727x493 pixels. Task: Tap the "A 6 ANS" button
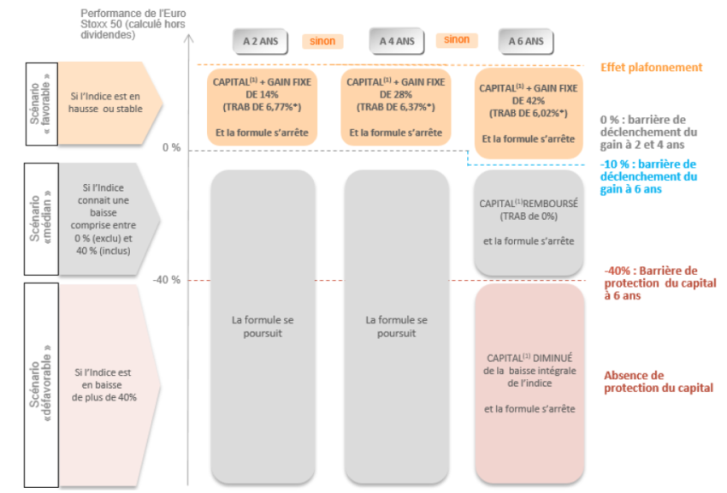526,40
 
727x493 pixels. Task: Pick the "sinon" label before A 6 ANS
457,39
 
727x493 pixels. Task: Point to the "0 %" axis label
172,148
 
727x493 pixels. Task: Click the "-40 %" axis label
167,280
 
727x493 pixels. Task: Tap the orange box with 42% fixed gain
529,113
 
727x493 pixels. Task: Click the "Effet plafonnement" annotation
651,68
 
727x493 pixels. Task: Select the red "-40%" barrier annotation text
659,282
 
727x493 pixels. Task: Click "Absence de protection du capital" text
658,382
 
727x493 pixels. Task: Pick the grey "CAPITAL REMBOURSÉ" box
529,223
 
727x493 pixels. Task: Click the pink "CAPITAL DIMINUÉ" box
529,383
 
